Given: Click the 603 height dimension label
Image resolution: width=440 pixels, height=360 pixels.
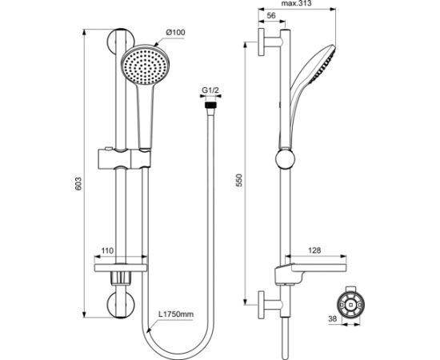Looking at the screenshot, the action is click(x=78, y=183).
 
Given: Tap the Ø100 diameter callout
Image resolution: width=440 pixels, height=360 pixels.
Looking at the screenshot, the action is click(x=176, y=32).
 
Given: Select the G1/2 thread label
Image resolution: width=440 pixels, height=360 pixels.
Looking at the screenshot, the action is click(x=210, y=90).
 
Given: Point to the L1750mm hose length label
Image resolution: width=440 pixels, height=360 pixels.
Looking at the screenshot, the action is click(x=176, y=314).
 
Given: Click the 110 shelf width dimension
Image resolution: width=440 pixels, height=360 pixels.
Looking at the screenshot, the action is click(x=107, y=250).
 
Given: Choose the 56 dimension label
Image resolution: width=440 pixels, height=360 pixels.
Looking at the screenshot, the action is click(x=270, y=16).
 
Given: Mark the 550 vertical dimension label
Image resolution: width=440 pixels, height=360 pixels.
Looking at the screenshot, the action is click(x=239, y=180).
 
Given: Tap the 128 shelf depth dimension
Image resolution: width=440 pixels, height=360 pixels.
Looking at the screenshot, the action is click(x=314, y=250).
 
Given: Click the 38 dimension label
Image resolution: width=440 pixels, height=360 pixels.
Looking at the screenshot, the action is click(x=332, y=318).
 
